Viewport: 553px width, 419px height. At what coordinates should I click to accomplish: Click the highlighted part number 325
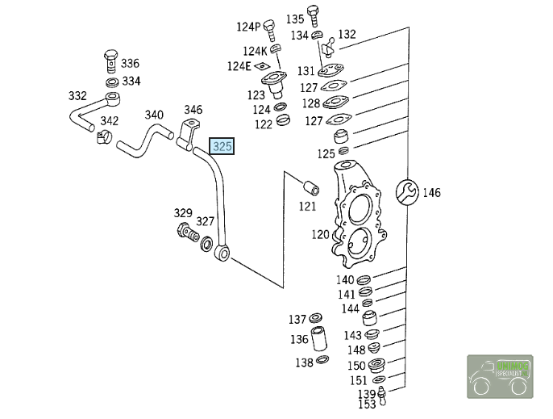(222, 146)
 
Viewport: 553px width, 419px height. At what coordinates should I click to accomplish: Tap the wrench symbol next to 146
(408, 191)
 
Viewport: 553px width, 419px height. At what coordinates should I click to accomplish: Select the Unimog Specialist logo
(500, 375)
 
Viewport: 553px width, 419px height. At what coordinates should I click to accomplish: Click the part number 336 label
(130, 64)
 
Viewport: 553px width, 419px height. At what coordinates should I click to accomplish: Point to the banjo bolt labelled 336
(111, 61)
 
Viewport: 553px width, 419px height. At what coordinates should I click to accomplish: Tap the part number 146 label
(432, 192)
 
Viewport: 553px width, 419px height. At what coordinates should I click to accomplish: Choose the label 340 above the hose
(154, 115)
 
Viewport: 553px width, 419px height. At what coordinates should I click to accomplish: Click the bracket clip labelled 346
(190, 129)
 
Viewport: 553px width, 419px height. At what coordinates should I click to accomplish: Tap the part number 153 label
(367, 404)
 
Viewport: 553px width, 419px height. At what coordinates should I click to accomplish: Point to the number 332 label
(77, 96)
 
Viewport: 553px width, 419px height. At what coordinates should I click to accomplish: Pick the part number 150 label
(356, 366)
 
